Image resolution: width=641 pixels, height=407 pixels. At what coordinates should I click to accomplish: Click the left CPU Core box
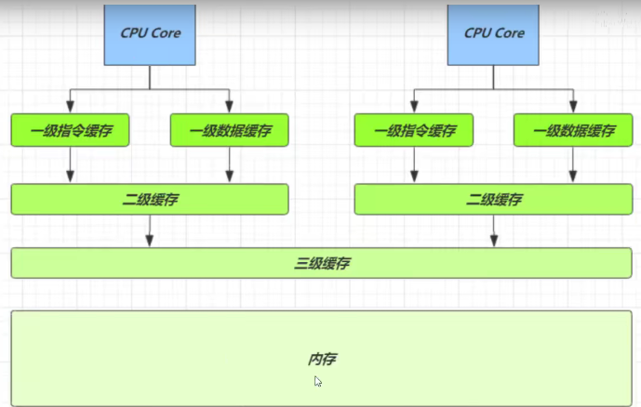pos(150,33)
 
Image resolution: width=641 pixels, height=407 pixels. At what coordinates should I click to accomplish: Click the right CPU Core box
pos(493,33)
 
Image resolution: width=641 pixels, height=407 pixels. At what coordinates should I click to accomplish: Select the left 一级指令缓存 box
pos(71,131)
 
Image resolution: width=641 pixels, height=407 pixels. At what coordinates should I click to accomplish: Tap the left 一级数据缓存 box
pos(229,131)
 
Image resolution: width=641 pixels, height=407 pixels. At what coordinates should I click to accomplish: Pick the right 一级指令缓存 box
pos(414,131)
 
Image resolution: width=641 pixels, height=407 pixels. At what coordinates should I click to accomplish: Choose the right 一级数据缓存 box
pos(573,131)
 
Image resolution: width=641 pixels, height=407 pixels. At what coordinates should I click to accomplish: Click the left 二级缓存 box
pos(150,199)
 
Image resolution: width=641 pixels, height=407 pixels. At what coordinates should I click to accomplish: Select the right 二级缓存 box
pos(493,199)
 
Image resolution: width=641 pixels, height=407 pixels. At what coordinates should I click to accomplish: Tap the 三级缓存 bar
pos(321,263)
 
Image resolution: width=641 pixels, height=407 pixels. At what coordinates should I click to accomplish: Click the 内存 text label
pos(321,359)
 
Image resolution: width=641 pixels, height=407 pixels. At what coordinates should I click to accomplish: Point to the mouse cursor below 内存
pos(318,381)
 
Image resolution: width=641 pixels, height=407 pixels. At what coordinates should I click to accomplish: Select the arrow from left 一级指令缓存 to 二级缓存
pos(71,165)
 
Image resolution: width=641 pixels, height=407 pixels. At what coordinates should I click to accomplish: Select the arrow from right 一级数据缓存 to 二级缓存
pos(573,165)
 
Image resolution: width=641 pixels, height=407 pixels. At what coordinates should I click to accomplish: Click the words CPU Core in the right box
pos(493,33)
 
